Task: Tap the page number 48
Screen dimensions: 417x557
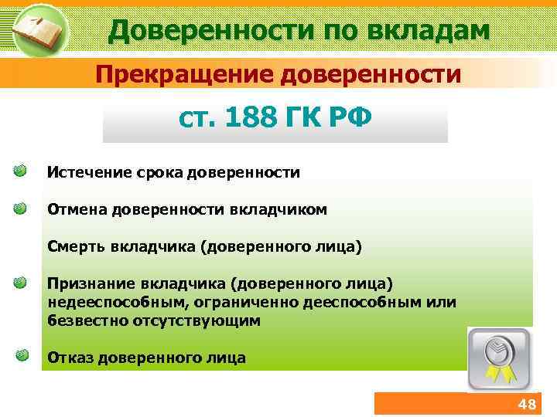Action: pos(526,405)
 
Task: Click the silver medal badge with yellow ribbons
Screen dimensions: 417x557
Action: pos(499,357)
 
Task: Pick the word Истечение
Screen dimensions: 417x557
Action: pos(85,171)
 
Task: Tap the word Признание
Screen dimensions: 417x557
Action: pos(87,283)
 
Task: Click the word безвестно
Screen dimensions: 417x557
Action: pos(83,319)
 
